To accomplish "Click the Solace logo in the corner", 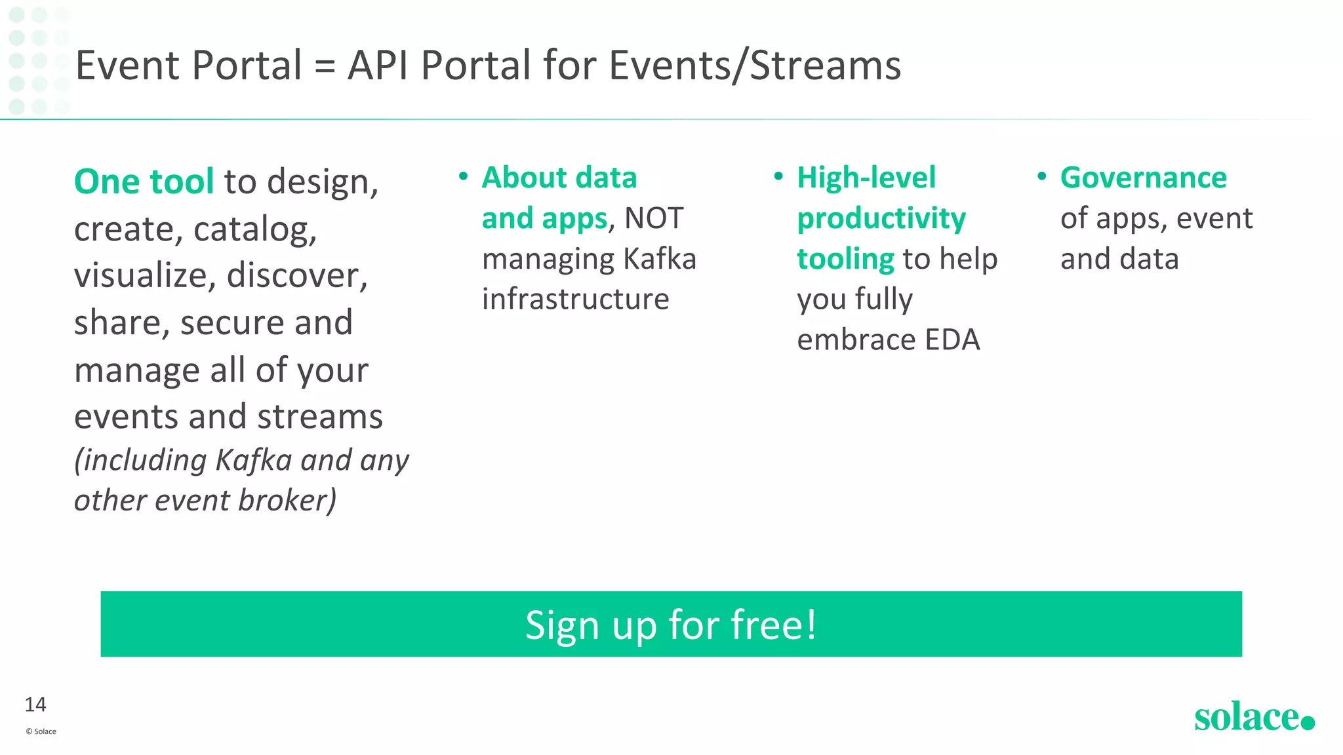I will click(1253, 717).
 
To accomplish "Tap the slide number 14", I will click(35, 705).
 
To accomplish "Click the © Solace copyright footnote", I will click(41, 731).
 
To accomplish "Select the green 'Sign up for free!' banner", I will click(671, 624).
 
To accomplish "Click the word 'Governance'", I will click(1143, 178).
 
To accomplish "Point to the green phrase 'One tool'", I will click(144, 182).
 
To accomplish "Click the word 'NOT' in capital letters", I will click(654, 218).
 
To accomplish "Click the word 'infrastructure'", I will click(575, 300).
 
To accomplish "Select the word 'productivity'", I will click(881, 218).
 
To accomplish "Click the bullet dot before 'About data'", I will click(463, 176).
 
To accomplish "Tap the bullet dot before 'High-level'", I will click(778, 176).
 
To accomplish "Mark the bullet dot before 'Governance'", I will click(1041, 176).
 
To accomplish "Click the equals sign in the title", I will click(325, 66).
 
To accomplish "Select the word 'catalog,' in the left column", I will click(255, 229).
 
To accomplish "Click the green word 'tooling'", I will click(845, 259).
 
